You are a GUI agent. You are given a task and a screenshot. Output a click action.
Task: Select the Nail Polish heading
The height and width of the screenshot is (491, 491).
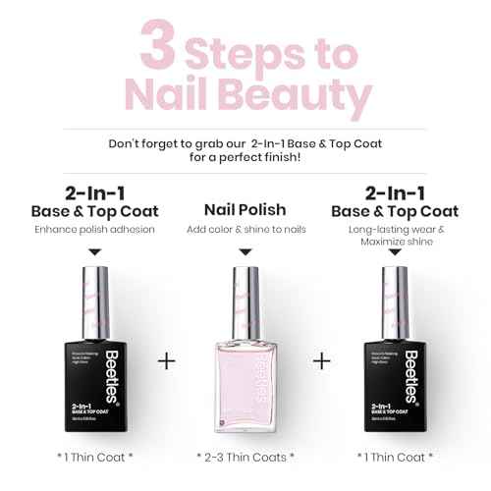tap(245, 209)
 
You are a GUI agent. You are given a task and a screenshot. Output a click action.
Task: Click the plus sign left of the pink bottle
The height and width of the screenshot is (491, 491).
tap(167, 361)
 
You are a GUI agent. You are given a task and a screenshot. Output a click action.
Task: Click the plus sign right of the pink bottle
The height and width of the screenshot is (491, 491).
tap(321, 361)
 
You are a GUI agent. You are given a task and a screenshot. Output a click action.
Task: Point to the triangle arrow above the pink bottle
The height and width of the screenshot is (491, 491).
tap(245, 252)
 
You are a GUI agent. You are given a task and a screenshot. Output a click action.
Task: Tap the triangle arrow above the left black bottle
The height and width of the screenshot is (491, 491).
tap(93, 252)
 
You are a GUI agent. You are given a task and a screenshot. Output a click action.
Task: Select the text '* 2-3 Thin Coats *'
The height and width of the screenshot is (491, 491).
tap(245, 457)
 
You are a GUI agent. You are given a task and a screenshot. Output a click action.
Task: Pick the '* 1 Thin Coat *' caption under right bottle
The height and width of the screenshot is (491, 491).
tap(396, 457)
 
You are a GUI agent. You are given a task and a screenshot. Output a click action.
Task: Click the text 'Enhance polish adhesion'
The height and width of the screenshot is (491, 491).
tap(93, 229)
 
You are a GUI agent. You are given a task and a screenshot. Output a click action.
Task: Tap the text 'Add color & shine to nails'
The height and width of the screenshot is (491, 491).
tap(245, 229)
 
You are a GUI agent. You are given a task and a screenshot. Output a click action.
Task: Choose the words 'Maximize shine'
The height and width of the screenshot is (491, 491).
tap(396, 243)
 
